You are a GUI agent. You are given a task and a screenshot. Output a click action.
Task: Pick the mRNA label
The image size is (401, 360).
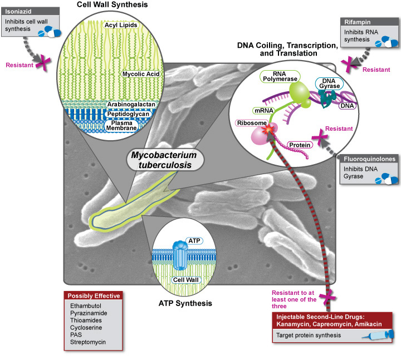tap(265, 111)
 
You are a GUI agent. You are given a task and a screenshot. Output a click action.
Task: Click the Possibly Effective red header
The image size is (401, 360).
tap(93, 295)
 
